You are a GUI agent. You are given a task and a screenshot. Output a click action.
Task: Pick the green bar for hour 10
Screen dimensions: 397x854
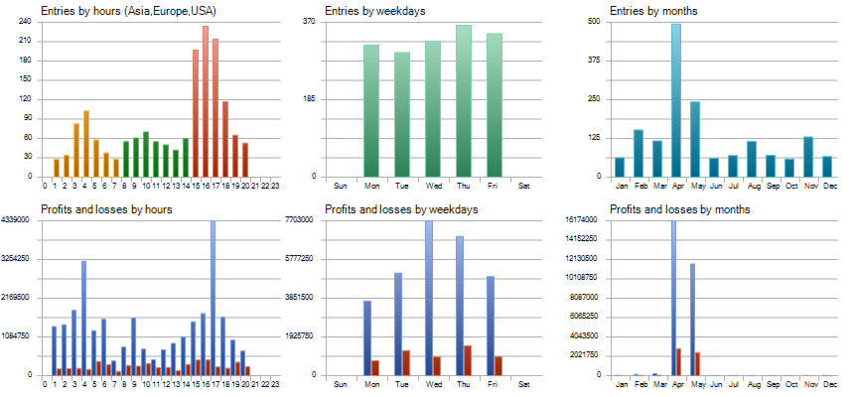[x=146, y=154]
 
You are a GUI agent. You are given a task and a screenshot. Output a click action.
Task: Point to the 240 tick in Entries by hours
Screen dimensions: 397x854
[x=24, y=21]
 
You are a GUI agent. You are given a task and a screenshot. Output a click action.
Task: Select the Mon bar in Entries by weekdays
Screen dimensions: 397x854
[x=370, y=110]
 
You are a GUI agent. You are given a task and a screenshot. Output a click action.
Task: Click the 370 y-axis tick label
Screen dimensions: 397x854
[x=309, y=21]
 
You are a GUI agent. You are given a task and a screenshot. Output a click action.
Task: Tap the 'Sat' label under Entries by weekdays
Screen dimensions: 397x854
[x=524, y=186]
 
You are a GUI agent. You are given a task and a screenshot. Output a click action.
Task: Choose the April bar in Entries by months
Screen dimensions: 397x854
[x=676, y=100]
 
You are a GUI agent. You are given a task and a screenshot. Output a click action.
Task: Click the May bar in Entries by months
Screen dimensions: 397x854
[x=695, y=139]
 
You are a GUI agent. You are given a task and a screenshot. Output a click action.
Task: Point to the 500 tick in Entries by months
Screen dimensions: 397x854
[x=593, y=21]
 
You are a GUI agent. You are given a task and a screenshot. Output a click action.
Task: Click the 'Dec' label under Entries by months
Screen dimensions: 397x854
[x=826, y=186]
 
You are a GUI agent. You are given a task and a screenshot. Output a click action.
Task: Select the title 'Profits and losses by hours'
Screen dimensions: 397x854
[x=106, y=209]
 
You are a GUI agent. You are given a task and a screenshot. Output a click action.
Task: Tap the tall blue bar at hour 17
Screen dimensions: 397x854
[x=213, y=298]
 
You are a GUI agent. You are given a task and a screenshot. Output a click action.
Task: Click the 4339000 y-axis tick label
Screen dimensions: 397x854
[x=17, y=219]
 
